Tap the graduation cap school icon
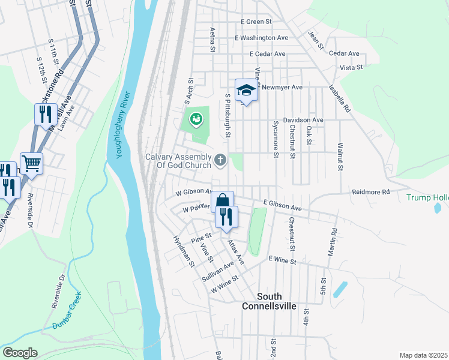point(246,91)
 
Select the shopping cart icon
point(31,163)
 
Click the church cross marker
point(220,160)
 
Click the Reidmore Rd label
point(371,192)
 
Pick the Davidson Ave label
point(303,120)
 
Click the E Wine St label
point(283,260)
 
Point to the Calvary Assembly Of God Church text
point(178,161)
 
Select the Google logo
point(20,353)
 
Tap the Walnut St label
point(340,157)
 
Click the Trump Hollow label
point(427,197)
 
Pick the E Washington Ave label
point(261,38)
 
